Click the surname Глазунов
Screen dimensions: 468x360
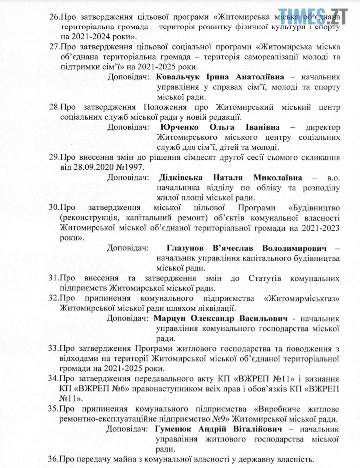click(x=187, y=248)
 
